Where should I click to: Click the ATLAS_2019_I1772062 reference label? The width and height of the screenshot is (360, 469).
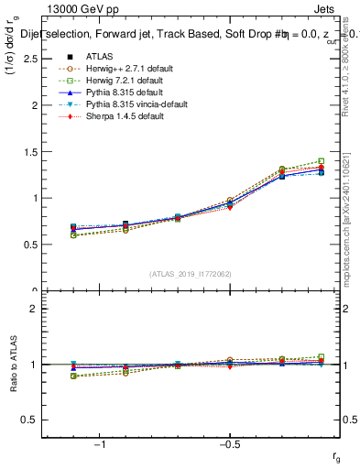(x=191, y=274)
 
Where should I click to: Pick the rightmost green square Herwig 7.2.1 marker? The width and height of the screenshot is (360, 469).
(x=320, y=160)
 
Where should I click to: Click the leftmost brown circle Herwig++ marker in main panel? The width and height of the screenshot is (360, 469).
(x=73, y=235)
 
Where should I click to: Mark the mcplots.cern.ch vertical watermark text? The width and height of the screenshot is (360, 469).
(x=349, y=220)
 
